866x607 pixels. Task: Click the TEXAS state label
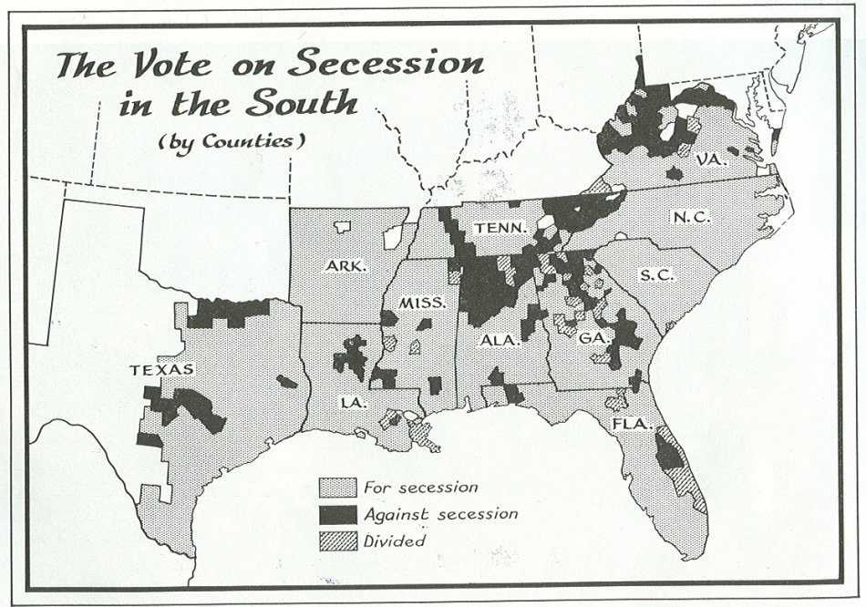[x=160, y=369]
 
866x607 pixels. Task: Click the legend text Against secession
[x=440, y=514]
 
